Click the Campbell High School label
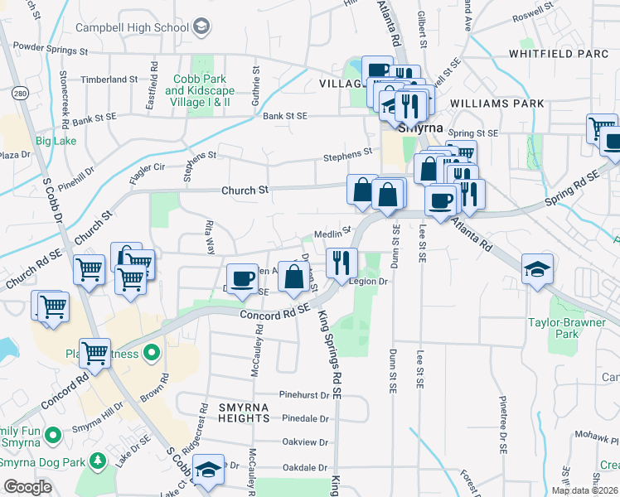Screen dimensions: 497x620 [x=133, y=27]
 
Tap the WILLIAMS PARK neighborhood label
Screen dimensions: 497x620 [x=497, y=104]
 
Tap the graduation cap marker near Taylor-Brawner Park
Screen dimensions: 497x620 [x=537, y=268]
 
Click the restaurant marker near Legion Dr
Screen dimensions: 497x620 [x=341, y=263]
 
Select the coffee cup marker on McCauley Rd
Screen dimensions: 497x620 [x=242, y=277]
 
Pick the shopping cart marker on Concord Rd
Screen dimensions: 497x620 [x=94, y=353]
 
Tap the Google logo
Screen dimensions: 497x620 [x=28, y=487]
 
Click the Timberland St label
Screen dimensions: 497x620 [x=109, y=79]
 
